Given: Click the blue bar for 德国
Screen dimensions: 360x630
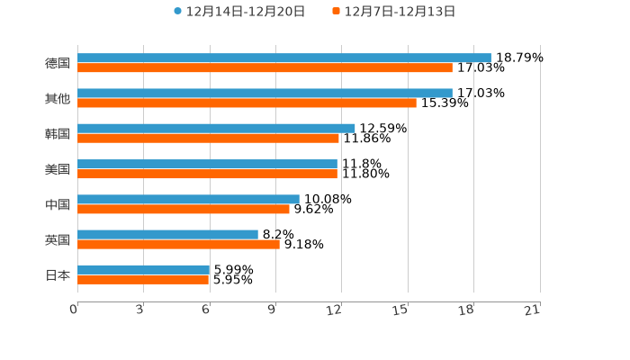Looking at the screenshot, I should pos(284,58).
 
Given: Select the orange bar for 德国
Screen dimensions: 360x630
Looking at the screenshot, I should pos(265,67).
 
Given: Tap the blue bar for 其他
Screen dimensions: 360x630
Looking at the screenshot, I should pos(265,93).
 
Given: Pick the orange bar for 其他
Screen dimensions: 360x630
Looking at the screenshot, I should pos(247,103).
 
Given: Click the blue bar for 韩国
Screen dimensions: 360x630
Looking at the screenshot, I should pos(216,128).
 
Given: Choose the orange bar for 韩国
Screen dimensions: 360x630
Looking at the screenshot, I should pos(208,138).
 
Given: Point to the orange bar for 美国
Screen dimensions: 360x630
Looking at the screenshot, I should pos(207,174).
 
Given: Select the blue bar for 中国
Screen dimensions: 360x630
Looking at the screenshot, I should pos(188,199).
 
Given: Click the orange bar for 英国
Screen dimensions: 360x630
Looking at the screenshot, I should pos(178,244).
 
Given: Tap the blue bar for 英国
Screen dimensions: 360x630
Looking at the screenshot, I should pos(167,234).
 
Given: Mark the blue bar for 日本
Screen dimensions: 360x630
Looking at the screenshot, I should pos(143,269).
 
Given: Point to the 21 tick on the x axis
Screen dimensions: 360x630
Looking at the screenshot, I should pos(532,310).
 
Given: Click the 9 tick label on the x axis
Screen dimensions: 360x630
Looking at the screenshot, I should pos(271,310).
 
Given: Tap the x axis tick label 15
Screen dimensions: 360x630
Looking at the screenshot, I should pos(400,310).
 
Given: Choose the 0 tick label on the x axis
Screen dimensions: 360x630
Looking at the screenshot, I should pos(74,310).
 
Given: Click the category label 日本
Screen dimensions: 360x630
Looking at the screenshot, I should pos(58,274).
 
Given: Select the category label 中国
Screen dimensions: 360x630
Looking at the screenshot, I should pos(58,204).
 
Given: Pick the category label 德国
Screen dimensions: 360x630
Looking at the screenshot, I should pos(58,63).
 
